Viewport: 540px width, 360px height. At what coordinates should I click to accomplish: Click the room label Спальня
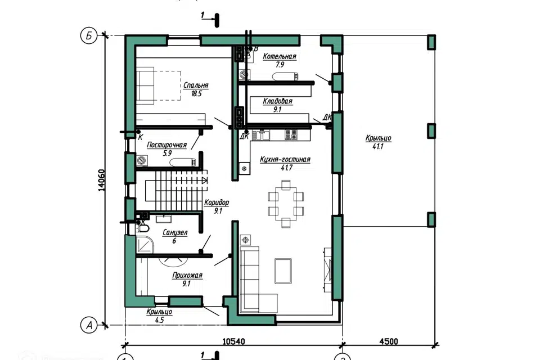click(x=196, y=85)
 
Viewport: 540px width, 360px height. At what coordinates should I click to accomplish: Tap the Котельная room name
click(x=280, y=56)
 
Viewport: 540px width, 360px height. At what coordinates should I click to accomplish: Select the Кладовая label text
click(x=277, y=101)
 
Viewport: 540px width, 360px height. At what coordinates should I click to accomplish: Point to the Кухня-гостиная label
click(x=285, y=160)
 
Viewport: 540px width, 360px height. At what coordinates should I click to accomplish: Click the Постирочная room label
click(x=166, y=145)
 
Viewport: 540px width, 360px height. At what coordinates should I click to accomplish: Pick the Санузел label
click(x=175, y=233)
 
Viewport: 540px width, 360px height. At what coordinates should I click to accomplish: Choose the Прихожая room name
click(x=187, y=275)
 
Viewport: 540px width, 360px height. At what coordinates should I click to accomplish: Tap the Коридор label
click(x=217, y=202)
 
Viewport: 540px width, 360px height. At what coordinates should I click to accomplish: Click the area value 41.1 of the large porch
click(x=378, y=146)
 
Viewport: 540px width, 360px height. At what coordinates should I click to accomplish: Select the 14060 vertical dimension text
click(x=101, y=180)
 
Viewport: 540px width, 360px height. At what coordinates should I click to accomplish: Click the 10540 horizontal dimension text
click(x=233, y=341)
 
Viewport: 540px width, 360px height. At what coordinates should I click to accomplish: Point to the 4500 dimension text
click(x=389, y=341)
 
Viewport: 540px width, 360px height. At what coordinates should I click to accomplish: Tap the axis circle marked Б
click(x=88, y=36)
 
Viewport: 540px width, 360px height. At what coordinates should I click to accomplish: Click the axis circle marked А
click(x=88, y=325)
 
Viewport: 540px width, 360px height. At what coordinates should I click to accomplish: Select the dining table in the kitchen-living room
click(x=286, y=204)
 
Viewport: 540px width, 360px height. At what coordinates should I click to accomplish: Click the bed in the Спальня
click(x=159, y=85)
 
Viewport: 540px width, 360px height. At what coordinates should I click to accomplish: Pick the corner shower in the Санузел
click(x=145, y=244)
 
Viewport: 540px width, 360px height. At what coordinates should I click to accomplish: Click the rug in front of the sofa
click(x=283, y=271)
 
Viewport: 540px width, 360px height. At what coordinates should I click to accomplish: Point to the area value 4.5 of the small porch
click(x=159, y=320)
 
